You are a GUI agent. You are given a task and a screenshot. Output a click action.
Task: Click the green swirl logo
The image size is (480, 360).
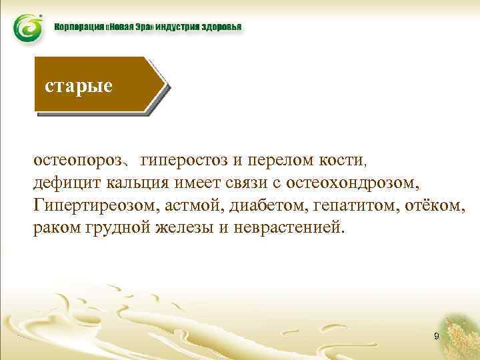tap(27, 28)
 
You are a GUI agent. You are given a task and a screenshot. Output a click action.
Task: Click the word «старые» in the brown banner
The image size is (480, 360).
tap(79, 86)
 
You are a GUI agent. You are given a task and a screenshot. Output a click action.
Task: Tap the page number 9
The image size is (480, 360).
tap(436, 337)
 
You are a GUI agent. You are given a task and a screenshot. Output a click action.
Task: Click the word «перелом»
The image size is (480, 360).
tap(277, 161)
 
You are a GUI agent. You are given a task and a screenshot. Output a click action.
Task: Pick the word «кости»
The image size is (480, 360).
tap(342, 161)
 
